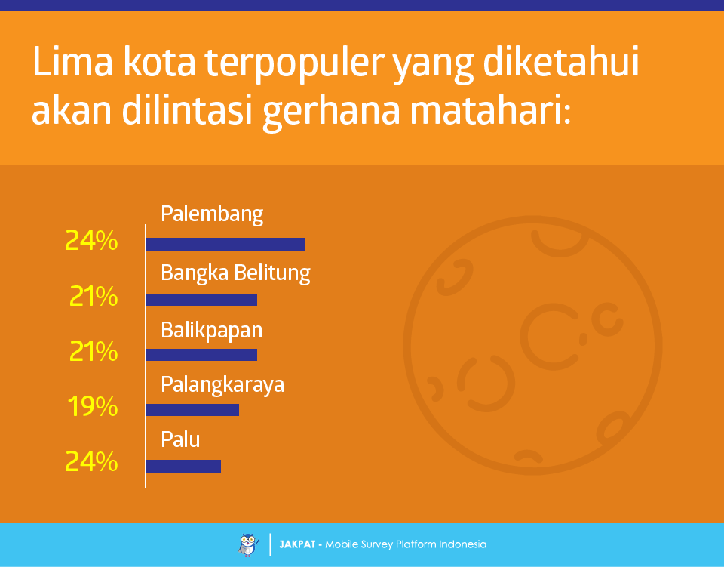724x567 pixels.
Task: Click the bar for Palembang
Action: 225,244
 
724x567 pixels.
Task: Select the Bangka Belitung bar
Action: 202,300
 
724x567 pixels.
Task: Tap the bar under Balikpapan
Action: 202,354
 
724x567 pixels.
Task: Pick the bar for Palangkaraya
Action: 192,410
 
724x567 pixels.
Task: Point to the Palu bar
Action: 184,466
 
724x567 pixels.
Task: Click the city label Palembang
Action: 212,214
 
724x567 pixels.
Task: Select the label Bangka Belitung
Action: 235,273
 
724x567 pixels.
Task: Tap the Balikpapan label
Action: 211,331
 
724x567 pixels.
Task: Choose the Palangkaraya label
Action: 222,385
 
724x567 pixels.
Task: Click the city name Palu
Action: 180,439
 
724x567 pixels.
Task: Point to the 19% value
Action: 93,407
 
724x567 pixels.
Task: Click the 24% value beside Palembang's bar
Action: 91,241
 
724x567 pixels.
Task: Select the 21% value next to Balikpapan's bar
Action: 94,352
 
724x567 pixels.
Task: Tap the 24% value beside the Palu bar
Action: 91,461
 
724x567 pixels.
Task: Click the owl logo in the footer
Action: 249,545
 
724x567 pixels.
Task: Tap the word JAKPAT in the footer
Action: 297,544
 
